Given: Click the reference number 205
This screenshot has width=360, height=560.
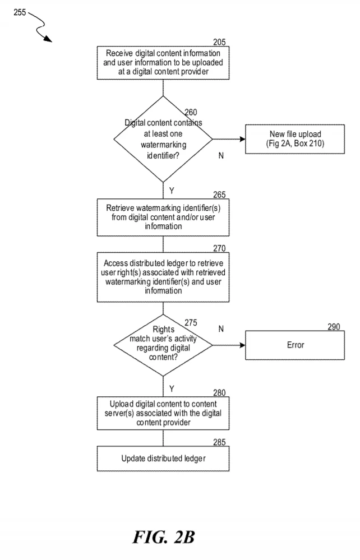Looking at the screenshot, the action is (x=219, y=42).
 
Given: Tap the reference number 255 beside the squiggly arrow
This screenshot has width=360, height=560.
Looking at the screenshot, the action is (x=20, y=12).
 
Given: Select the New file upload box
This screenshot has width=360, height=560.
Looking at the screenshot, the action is (x=294, y=139).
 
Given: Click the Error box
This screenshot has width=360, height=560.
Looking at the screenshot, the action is (x=294, y=345).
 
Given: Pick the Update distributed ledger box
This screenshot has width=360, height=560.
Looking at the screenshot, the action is (x=163, y=458).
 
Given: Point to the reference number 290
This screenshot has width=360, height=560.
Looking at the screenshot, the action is (x=334, y=327).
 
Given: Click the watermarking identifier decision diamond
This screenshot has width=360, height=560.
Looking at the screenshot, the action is (x=163, y=139).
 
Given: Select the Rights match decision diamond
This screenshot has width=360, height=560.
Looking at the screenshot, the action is (x=163, y=345).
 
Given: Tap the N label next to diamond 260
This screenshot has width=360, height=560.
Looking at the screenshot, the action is (x=221, y=155).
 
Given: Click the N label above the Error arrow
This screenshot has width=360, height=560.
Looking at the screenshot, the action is (x=221, y=328).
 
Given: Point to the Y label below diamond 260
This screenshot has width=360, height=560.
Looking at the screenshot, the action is (x=172, y=191).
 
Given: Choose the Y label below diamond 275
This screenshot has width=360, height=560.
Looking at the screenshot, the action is (x=172, y=388).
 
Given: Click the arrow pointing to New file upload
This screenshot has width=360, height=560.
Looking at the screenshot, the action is (x=229, y=139).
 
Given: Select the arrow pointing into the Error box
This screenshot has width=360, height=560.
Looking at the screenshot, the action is (x=229, y=345).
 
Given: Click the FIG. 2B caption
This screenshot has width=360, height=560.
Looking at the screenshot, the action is (x=164, y=537).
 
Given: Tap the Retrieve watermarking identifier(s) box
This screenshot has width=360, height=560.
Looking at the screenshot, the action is (x=163, y=217).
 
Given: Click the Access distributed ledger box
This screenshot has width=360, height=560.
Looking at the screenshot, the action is (x=163, y=277).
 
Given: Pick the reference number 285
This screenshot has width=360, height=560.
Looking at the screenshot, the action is (x=219, y=442).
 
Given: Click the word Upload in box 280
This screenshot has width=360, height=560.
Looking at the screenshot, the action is (x=122, y=404).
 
